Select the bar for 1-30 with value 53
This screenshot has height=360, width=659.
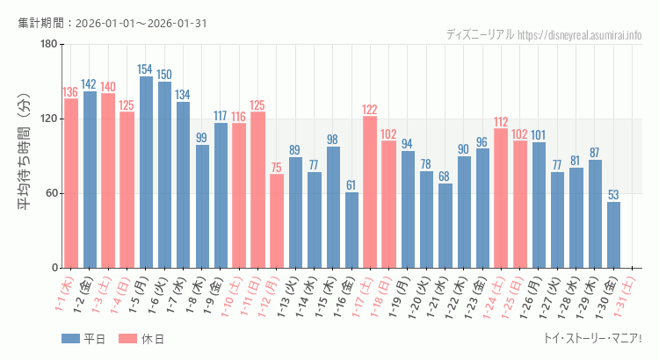[613, 234]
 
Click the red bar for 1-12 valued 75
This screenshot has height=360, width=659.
[277, 220]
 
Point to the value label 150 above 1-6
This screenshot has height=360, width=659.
[164, 75]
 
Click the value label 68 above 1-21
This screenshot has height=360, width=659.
[445, 176]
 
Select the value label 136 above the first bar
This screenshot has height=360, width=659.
[70, 92]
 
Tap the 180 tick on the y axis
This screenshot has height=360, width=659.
[47, 44]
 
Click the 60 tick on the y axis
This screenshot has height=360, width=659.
[50, 193]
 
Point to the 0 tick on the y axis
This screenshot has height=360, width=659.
[54, 268]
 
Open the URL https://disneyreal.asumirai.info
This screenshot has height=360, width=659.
[580, 35]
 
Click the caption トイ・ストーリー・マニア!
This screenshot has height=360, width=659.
[593, 339]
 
